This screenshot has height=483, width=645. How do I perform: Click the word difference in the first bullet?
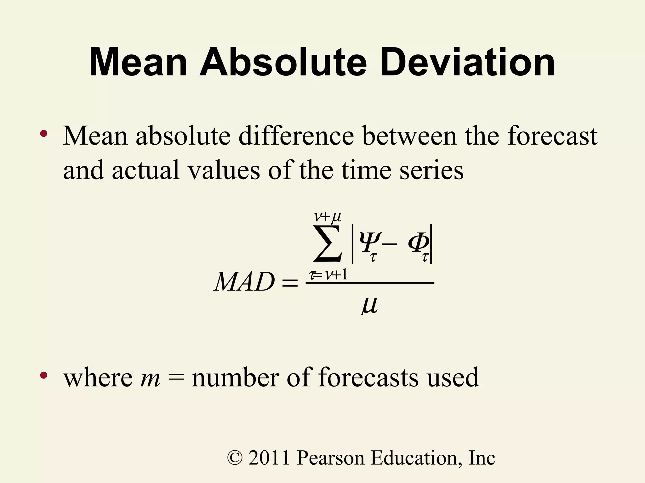coord(296,136)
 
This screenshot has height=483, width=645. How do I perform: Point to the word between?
coord(409,136)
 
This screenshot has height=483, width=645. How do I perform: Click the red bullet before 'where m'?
coord(43,375)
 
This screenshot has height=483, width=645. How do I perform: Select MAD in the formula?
coord(244,282)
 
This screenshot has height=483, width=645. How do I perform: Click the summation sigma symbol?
coord(328,244)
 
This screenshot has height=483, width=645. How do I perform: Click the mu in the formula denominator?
coord(369,305)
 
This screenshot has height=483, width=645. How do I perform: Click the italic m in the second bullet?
coord(150,378)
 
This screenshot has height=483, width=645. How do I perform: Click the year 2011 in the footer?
coord(269,458)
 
